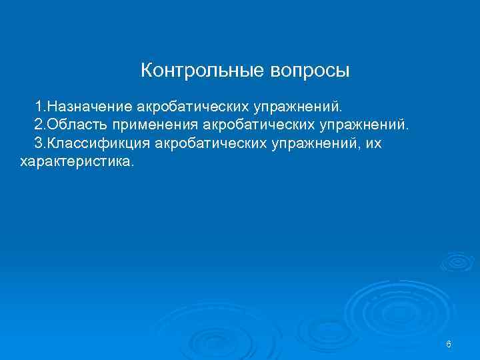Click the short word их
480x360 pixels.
tap(373, 143)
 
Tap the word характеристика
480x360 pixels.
tap(77, 161)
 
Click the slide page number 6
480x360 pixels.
tap(449, 344)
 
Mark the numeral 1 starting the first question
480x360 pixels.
tap(39, 106)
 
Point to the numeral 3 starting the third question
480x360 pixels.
tap(39, 143)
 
